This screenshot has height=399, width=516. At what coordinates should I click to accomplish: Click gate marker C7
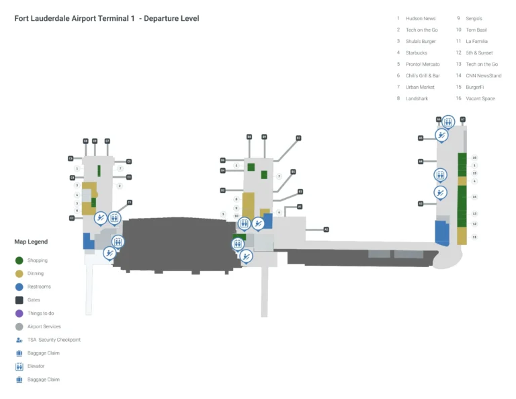coord(107,141)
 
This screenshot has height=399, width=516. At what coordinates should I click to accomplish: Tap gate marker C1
coord(130,202)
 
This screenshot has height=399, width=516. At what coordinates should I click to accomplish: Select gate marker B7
coord(298,138)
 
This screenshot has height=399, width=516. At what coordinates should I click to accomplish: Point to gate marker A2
coord(327,229)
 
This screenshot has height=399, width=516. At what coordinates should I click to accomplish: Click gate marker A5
coord(421,138)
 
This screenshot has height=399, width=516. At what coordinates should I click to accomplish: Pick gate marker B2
coord(222,190)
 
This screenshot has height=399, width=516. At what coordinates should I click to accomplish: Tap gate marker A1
coord(300,207)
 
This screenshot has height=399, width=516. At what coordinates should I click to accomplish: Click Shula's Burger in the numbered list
coord(421,41)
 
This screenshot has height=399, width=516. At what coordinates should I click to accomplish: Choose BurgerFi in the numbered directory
coord(475,87)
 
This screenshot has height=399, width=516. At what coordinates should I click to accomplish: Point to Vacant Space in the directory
coord(480,98)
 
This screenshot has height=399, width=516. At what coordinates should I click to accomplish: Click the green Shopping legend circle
coord(19,260)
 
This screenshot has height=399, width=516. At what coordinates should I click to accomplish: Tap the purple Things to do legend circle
coord(19,314)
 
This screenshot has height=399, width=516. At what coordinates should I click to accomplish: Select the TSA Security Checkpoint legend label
coord(54,340)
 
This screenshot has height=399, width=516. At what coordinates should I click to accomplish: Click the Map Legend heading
coord(31,242)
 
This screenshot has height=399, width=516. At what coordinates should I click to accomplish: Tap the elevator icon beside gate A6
coord(448,122)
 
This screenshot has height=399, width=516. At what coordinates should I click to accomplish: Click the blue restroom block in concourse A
coord(443,232)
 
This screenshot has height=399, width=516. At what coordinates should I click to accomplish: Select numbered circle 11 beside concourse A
coord(474,237)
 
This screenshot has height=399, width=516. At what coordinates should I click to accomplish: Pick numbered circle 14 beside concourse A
coord(474,197)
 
